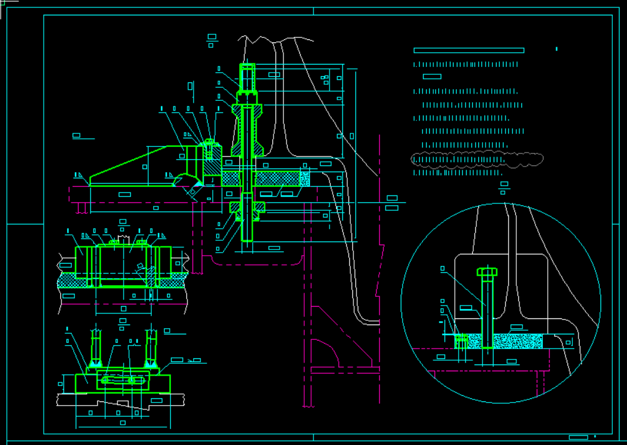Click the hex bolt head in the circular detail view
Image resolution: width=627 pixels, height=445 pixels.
pyautogui.click(x=487, y=272)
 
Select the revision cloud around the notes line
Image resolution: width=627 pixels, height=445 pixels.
pyautogui.click(x=477, y=159)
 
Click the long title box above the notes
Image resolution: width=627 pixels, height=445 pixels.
pyautogui.click(x=468, y=50)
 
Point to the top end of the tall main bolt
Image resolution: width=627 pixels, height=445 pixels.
pyautogui.click(x=246, y=66)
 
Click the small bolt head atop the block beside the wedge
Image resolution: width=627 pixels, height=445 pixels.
pyautogui.click(x=210, y=143)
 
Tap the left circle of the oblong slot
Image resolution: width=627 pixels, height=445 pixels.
pyautogui.click(x=106, y=380)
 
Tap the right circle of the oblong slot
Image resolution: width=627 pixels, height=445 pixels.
pyautogui.click(x=132, y=380)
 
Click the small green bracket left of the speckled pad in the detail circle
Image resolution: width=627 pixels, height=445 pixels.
pyautogui.click(x=460, y=341)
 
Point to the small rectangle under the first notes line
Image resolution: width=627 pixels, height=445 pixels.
pyautogui.click(x=432, y=77)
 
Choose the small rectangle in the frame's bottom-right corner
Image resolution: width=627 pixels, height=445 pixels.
pyautogui.click(x=578, y=437)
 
